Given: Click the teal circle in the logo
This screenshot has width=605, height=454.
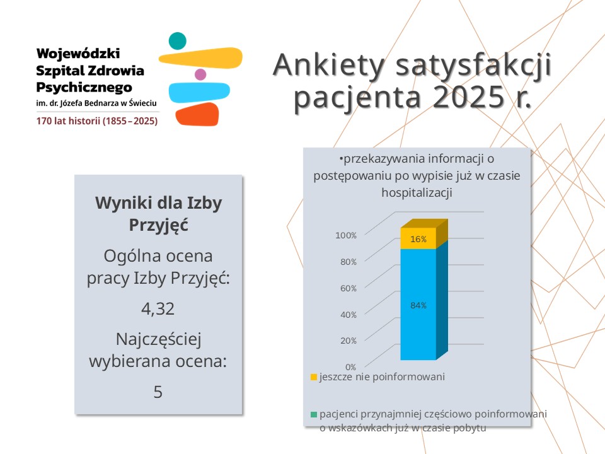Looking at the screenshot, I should (178, 41).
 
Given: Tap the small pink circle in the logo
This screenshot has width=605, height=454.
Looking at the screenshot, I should (200, 74).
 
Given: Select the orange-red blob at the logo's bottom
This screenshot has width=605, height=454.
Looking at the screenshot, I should (197, 113).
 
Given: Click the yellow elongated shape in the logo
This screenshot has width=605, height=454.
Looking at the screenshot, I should (201, 58).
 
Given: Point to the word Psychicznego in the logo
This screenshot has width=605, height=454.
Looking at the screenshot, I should (84, 86).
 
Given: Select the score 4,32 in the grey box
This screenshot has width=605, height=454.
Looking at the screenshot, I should (158, 309).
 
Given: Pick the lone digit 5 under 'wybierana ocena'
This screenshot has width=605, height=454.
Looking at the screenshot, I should (158, 392).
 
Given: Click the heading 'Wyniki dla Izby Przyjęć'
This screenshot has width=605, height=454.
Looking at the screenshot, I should (158, 214).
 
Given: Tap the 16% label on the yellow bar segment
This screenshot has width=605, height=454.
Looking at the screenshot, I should (418, 239).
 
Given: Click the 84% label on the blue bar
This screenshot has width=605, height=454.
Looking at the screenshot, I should (418, 305).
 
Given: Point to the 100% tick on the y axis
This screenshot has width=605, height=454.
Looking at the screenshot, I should (346, 235).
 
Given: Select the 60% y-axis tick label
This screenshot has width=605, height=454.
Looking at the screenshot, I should (348, 288).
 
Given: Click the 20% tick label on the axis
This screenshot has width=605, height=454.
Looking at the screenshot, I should (348, 340).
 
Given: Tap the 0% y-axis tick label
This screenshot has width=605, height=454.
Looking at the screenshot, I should (350, 366).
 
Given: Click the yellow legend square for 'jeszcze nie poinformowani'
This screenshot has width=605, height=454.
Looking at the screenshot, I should (313, 377).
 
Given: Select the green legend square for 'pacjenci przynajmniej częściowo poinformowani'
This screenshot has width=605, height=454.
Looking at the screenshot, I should (313, 414).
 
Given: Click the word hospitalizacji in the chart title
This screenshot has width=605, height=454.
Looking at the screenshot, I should (417, 193).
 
